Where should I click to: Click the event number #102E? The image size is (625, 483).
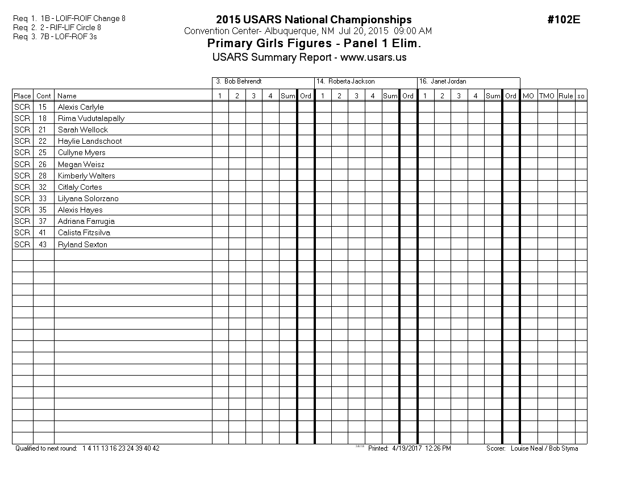[x=564, y=20]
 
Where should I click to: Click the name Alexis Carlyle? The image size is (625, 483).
[x=81, y=107]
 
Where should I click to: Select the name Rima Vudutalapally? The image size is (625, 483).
[x=91, y=118]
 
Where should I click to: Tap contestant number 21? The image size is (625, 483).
[x=43, y=130]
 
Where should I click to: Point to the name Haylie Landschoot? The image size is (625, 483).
[x=90, y=141]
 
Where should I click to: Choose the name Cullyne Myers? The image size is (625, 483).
[x=81, y=152]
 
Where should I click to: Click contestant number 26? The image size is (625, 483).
[x=43, y=164]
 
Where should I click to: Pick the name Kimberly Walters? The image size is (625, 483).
[x=86, y=176]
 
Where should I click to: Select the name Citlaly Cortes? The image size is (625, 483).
[x=80, y=187]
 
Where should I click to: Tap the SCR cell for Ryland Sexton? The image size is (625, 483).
[x=22, y=244]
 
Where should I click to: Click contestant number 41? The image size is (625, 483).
[x=43, y=232]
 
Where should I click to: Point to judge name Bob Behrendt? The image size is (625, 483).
[x=243, y=82]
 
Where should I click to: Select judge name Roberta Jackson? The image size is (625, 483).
[x=351, y=82]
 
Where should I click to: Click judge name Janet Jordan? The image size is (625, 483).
[x=448, y=82]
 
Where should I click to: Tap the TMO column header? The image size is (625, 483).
[x=547, y=96]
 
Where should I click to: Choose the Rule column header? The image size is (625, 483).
[x=565, y=96]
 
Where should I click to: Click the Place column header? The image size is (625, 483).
[x=22, y=96]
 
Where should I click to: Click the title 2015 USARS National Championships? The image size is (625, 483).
[x=314, y=20]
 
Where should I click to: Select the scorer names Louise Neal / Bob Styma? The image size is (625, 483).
[x=544, y=448]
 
